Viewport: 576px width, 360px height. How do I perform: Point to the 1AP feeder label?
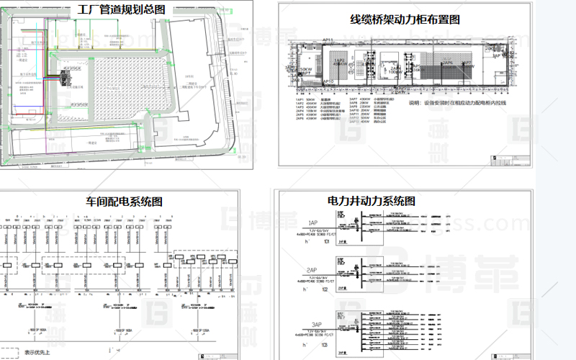pos(313,222)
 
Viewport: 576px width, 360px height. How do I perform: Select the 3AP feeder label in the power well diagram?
pos(313,324)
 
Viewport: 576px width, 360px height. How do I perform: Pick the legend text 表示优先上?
pos(42,353)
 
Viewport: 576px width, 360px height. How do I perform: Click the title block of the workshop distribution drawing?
pos(216,355)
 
